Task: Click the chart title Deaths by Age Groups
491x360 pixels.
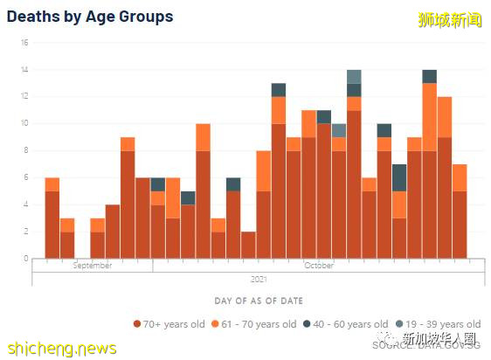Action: [90, 17]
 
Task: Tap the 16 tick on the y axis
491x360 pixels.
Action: [25, 43]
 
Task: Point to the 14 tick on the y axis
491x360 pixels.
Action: [25, 70]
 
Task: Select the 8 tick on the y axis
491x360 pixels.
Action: [26, 150]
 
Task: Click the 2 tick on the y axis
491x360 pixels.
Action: [26, 232]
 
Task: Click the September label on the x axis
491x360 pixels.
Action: [93, 266]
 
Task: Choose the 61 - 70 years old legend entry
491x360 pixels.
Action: [261, 324]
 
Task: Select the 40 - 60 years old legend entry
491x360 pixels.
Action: [354, 324]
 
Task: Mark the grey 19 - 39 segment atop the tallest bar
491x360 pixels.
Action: [354, 76]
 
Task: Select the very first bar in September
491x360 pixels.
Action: [52, 218]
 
